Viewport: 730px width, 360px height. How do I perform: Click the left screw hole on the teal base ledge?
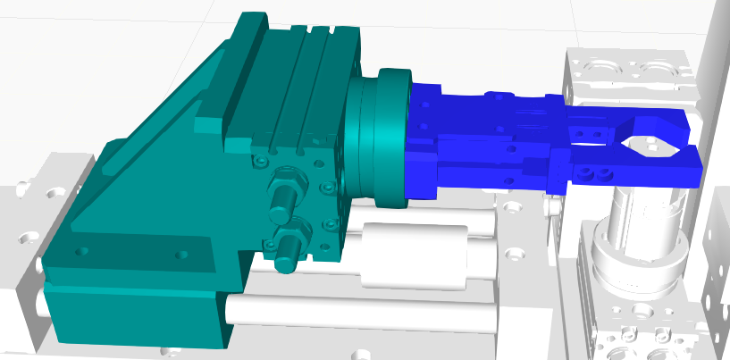point(85,250)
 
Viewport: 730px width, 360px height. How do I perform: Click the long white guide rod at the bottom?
point(357,313)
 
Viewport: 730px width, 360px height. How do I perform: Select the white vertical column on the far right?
point(710,71)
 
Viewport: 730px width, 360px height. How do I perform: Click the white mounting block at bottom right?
point(639,331)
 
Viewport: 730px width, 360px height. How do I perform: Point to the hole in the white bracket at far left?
point(51,191)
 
